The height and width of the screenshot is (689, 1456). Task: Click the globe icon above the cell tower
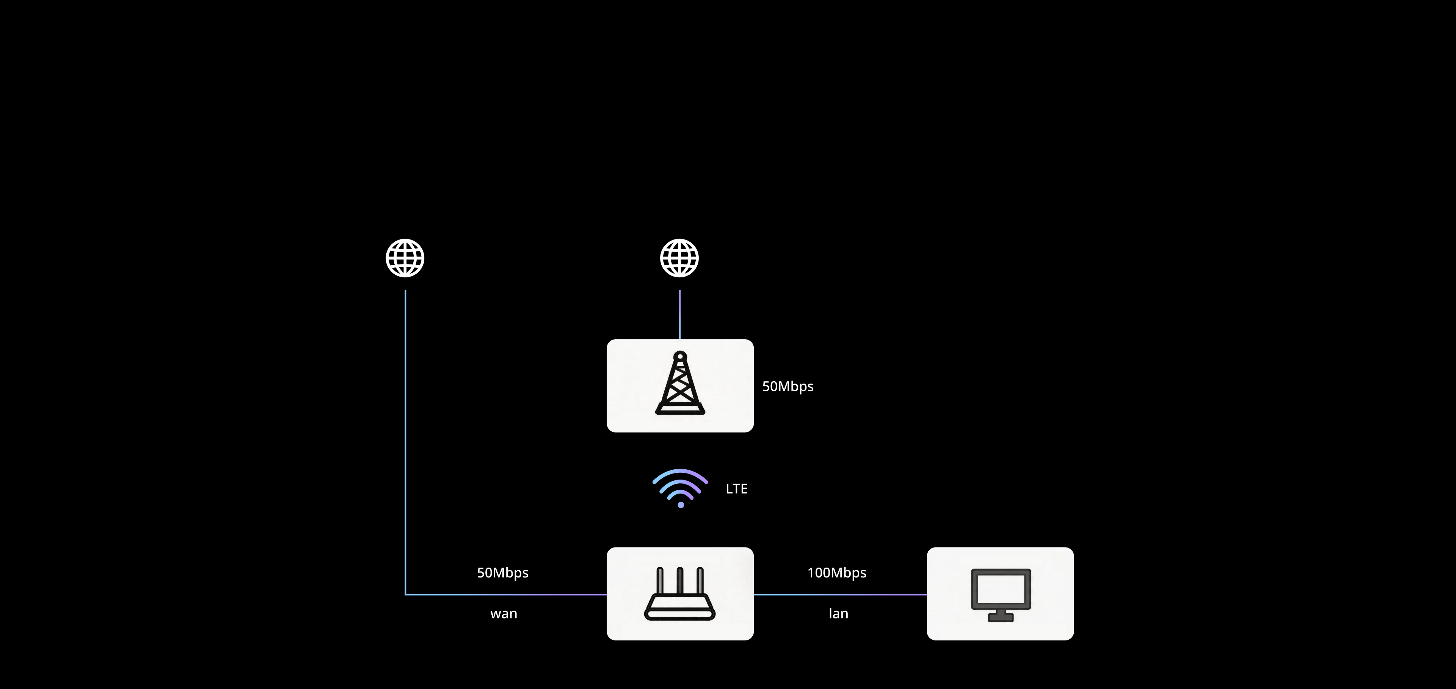679,258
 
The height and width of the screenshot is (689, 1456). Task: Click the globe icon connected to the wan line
405,258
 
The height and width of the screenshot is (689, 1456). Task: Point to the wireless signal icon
680,486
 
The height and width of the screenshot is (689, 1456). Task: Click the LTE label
736,489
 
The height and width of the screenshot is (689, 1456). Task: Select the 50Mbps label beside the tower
788,386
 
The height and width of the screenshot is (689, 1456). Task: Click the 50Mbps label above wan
502,573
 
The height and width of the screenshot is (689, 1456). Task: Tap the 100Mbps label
836,573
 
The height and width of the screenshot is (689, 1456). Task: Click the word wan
504,614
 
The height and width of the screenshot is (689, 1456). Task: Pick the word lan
838,614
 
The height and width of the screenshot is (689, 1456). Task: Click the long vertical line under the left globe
405,441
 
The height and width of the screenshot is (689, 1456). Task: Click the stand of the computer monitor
1001,615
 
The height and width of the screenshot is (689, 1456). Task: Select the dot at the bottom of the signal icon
681,505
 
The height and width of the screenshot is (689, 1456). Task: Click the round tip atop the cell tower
680,356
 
